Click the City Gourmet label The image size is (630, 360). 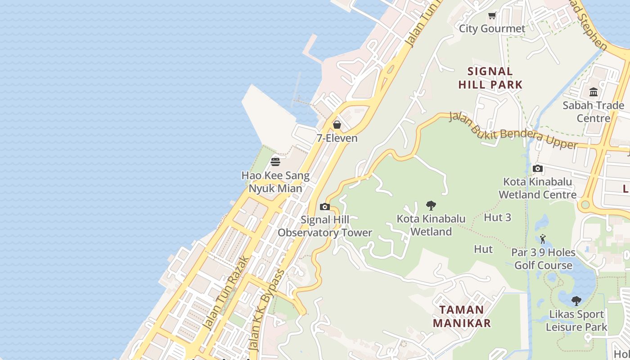[492, 29]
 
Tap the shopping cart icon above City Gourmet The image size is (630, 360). [492, 16]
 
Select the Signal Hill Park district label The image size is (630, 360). [490, 78]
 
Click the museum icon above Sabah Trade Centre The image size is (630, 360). [594, 92]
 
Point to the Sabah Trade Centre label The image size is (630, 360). [594, 112]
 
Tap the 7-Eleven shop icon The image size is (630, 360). [337, 125]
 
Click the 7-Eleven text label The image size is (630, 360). [337, 138]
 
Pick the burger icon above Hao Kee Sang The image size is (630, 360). [275, 162]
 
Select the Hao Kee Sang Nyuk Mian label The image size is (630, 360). [275, 182]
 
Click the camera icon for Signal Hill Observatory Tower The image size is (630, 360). [324, 207]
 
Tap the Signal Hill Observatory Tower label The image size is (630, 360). [325, 226]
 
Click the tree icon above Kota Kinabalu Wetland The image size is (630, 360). [431, 206]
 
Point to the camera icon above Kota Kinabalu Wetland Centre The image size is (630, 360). [537, 169]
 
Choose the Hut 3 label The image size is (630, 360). [497, 218]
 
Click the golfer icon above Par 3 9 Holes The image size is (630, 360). [543, 239]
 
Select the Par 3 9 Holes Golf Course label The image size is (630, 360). [543, 259]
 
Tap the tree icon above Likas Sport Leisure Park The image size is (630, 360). [576, 301]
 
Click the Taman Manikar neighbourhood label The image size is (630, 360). [462, 316]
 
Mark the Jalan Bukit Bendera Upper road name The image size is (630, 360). [513, 131]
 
